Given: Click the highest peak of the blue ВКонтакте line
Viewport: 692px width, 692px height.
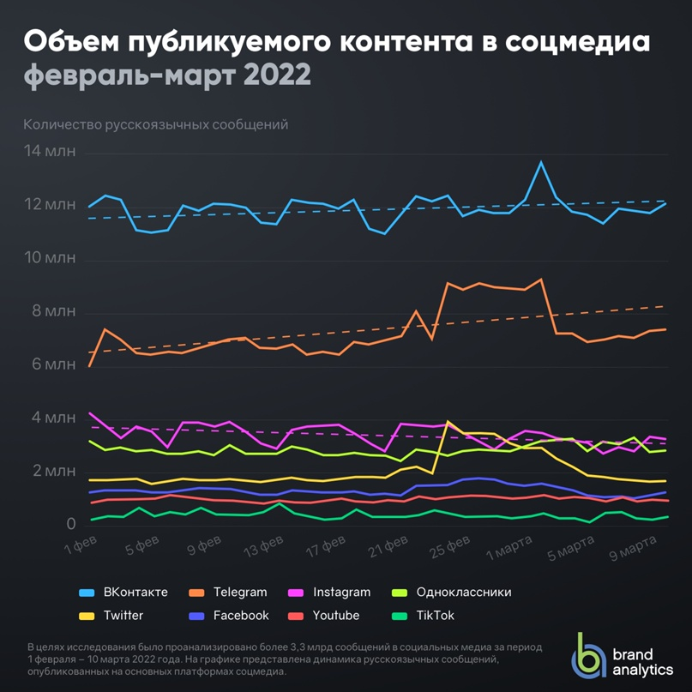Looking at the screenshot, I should pos(541,161).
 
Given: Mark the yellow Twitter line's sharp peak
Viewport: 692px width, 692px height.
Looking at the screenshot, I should pos(448,422).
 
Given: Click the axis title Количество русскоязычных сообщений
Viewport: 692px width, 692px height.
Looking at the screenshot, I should pos(155,124).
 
